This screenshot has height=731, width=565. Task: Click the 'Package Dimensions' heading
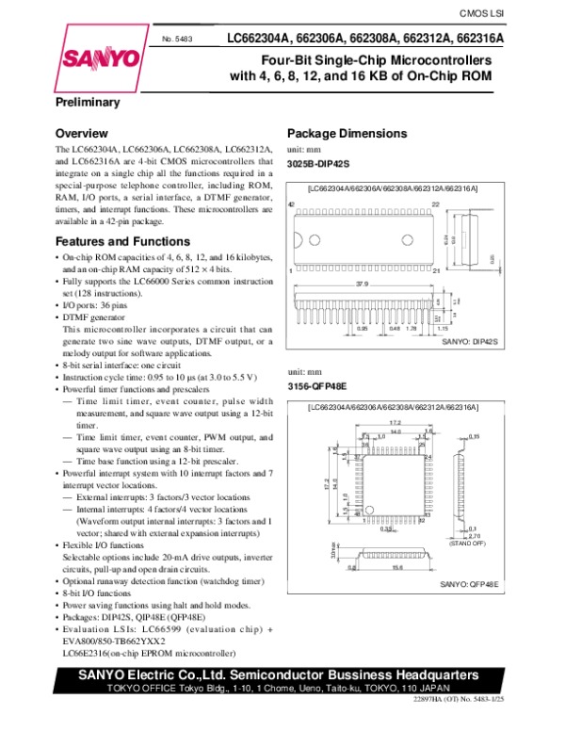347,133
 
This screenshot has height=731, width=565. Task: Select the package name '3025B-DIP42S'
319,164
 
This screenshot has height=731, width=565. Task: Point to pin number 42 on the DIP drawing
292,205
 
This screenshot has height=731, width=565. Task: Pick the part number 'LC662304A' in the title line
255,39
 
